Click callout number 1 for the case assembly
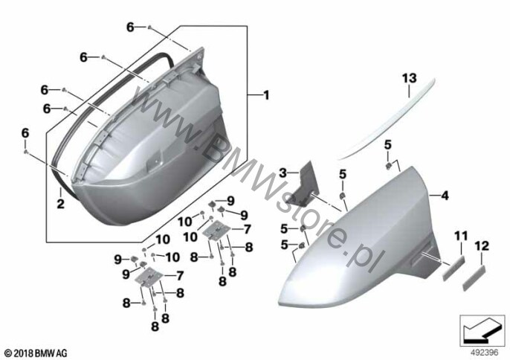pyautogui.click(x=266, y=95)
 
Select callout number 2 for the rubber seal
pyautogui.click(x=60, y=204)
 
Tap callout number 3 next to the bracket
pyautogui.click(x=283, y=173)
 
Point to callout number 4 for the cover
pyautogui.click(x=445, y=196)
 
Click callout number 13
pyautogui.click(x=409, y=78)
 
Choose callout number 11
pyautogui.click(x=461, y=236)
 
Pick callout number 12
pyautogui.click(x=482, y=245)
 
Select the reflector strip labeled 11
pyautogui.click(x=453, y=268)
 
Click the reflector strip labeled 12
pyautogui.click(x=474, y=277)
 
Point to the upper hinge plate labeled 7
pyautogui.click(x=216, y=230)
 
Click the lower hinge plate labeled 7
pyautogui.click(x=149, y=277)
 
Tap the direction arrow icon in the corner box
pyautogui.click(x=480, y=331)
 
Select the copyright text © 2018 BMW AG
pyautogui.click(x=36, y=353)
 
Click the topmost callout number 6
pyautogui.click(x=130, y=28)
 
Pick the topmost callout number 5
pyautogui.click(x=388, y=145)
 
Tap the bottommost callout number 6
pyautogui.click(x=25, y=133)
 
